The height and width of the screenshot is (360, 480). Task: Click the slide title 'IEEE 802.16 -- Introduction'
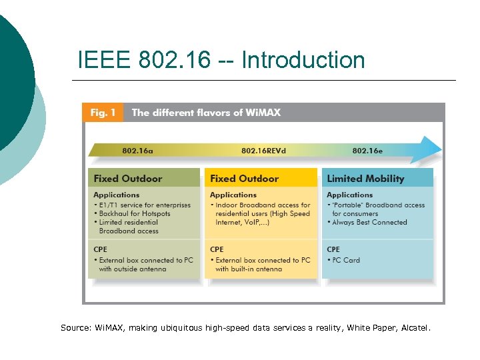(x=221, y=60)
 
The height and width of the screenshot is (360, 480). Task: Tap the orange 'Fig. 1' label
(x=103, y=113)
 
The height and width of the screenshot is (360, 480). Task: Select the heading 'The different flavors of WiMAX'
(x=206, y=113)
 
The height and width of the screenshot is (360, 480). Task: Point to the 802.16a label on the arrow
(x=137, y=151)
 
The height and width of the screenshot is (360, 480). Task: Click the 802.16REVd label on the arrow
(x=263, y=151)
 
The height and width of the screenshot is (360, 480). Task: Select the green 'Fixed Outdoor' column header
(x=128, y=179)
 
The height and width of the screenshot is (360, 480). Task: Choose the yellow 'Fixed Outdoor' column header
(x=244, y=179)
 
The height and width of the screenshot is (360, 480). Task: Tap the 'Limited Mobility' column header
(x=365, y=179)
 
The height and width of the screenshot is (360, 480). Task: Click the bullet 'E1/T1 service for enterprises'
(x=144, y=205)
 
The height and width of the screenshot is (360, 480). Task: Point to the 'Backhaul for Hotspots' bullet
(x=135, y=214)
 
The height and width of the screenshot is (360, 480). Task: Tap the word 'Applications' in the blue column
(x=349, y=195)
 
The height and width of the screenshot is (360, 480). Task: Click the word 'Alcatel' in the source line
(x=415, y=327)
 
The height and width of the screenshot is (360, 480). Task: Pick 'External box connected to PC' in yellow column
(x=262, y=261)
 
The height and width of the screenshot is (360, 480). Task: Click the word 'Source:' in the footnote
(x=76, y=327)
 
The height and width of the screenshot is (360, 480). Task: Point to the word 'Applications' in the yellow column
(x=233, y=195)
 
